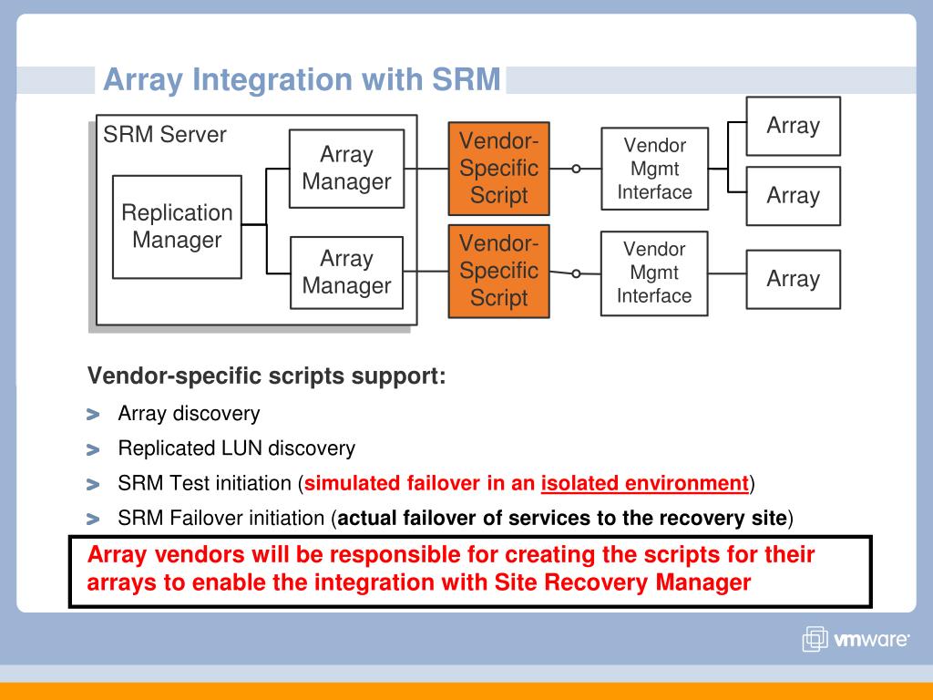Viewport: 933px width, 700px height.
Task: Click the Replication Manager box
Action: point(177,227)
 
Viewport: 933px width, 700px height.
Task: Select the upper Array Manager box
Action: point(346,169)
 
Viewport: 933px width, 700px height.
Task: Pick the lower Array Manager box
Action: point(346,272)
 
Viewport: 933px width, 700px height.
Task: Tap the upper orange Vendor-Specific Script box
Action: point(498,169)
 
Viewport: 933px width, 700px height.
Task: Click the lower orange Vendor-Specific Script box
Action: point(498,271)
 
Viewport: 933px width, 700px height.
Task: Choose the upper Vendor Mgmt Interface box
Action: point(654,169)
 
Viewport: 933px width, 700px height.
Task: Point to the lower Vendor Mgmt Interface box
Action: point(653,273)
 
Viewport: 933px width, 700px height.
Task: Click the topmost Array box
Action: point(793,126)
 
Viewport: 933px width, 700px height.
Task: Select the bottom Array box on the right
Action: point(793,279)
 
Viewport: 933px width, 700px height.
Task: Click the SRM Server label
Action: point(165,135)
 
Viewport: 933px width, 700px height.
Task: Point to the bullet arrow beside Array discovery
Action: point(93,415)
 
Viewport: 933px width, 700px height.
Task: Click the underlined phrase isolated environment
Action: point(644,483)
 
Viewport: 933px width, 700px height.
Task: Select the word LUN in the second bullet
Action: point(241,448)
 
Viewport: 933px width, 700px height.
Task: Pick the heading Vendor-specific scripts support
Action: point(266,376)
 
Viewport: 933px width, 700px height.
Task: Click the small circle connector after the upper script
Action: point(576,169)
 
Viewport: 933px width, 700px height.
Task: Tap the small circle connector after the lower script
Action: point(576,273)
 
